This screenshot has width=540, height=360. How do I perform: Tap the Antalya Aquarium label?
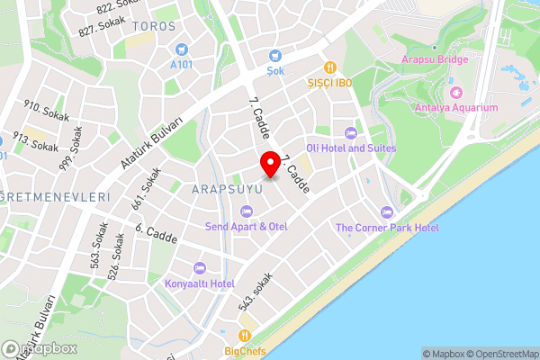pyautogui.click(x=456, y=108)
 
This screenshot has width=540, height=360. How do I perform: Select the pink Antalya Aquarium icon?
pyautogui.click(x=455, y=92)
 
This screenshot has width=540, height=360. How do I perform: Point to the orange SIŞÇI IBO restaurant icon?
pyautogui.click(x=331, y=67)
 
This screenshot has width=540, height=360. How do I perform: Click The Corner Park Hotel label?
pyautogui.click(x=387, y=228)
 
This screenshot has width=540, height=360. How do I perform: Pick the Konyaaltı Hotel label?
pyautogui.click(x=200, y=283)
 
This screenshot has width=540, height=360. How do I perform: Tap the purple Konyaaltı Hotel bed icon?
pyautogui.click(x=200, y=267)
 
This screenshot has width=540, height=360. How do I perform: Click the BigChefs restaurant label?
pyautogui.click(x=245, y=351)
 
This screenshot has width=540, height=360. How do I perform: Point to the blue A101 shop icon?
pyautogui.click(x=183, y=49)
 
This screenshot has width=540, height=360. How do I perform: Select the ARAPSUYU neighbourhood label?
pyautogui.click(x=226, y=190)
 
